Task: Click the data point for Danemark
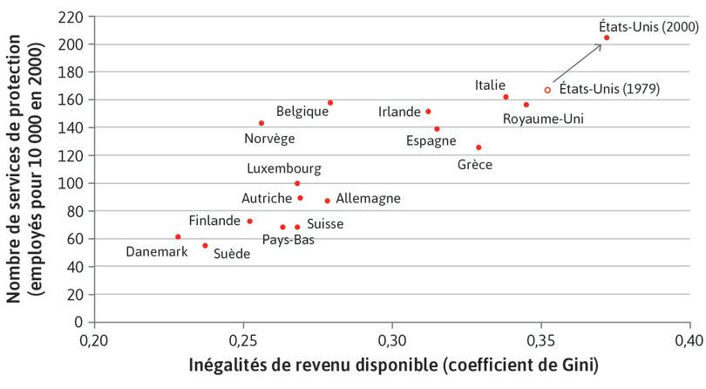coord(178,236)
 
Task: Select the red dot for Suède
coord(205,246)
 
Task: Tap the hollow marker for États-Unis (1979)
coord(547,90)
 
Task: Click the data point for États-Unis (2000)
coord(607,38)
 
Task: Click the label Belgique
coord(302,112)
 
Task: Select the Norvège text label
coord(269,138)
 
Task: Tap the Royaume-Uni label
coord(543,119)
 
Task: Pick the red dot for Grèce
coord(479,147)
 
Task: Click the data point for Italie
coord(506,97)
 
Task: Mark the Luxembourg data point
coord(297,183)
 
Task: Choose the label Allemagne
coord(368,199)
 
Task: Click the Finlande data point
coord(249,222)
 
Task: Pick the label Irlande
coord(400,113)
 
